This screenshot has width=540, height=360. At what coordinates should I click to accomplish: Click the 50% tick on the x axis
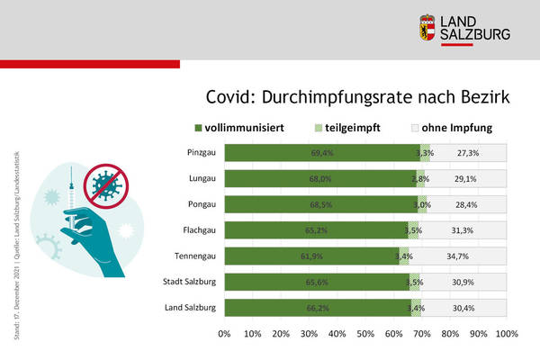point(365,334)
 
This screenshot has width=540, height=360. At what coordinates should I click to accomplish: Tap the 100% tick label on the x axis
point(506,334)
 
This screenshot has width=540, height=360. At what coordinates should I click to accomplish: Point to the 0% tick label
point(225,334)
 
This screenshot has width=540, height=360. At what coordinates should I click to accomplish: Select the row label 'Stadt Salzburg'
point(187,283)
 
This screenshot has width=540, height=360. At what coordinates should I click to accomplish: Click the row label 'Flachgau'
point(197,230)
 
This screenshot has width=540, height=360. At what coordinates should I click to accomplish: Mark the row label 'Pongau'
point(199,204)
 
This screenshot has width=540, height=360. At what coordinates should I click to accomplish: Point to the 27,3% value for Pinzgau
point(467,154)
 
